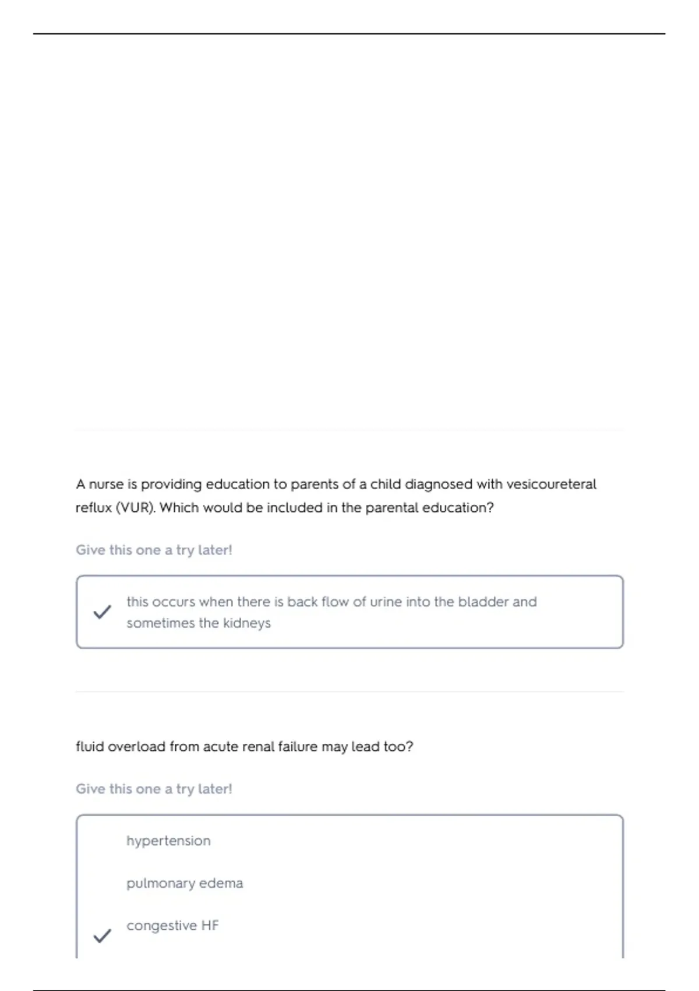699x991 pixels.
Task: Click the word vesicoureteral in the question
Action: click(x=551, y=484)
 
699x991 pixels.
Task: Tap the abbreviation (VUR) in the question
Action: click(x=136, y=508)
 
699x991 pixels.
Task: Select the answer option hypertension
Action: click(x=168, y=841)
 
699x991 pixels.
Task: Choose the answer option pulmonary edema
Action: click(x=185, y=883)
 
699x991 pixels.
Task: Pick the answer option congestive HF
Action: click(x=172, y=926)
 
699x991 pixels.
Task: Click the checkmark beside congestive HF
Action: click(x=102, y=936)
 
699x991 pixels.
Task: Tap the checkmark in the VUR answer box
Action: click(x=102, y=612)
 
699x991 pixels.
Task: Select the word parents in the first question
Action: click(x=314, y=484)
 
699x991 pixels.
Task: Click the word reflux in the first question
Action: click(x=93, y=508)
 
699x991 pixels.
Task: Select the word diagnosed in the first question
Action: click(x=438, y=484)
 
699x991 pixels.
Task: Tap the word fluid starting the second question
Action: click(x=90, y=747)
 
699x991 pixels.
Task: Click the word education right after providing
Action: click(x=238, y=484)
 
